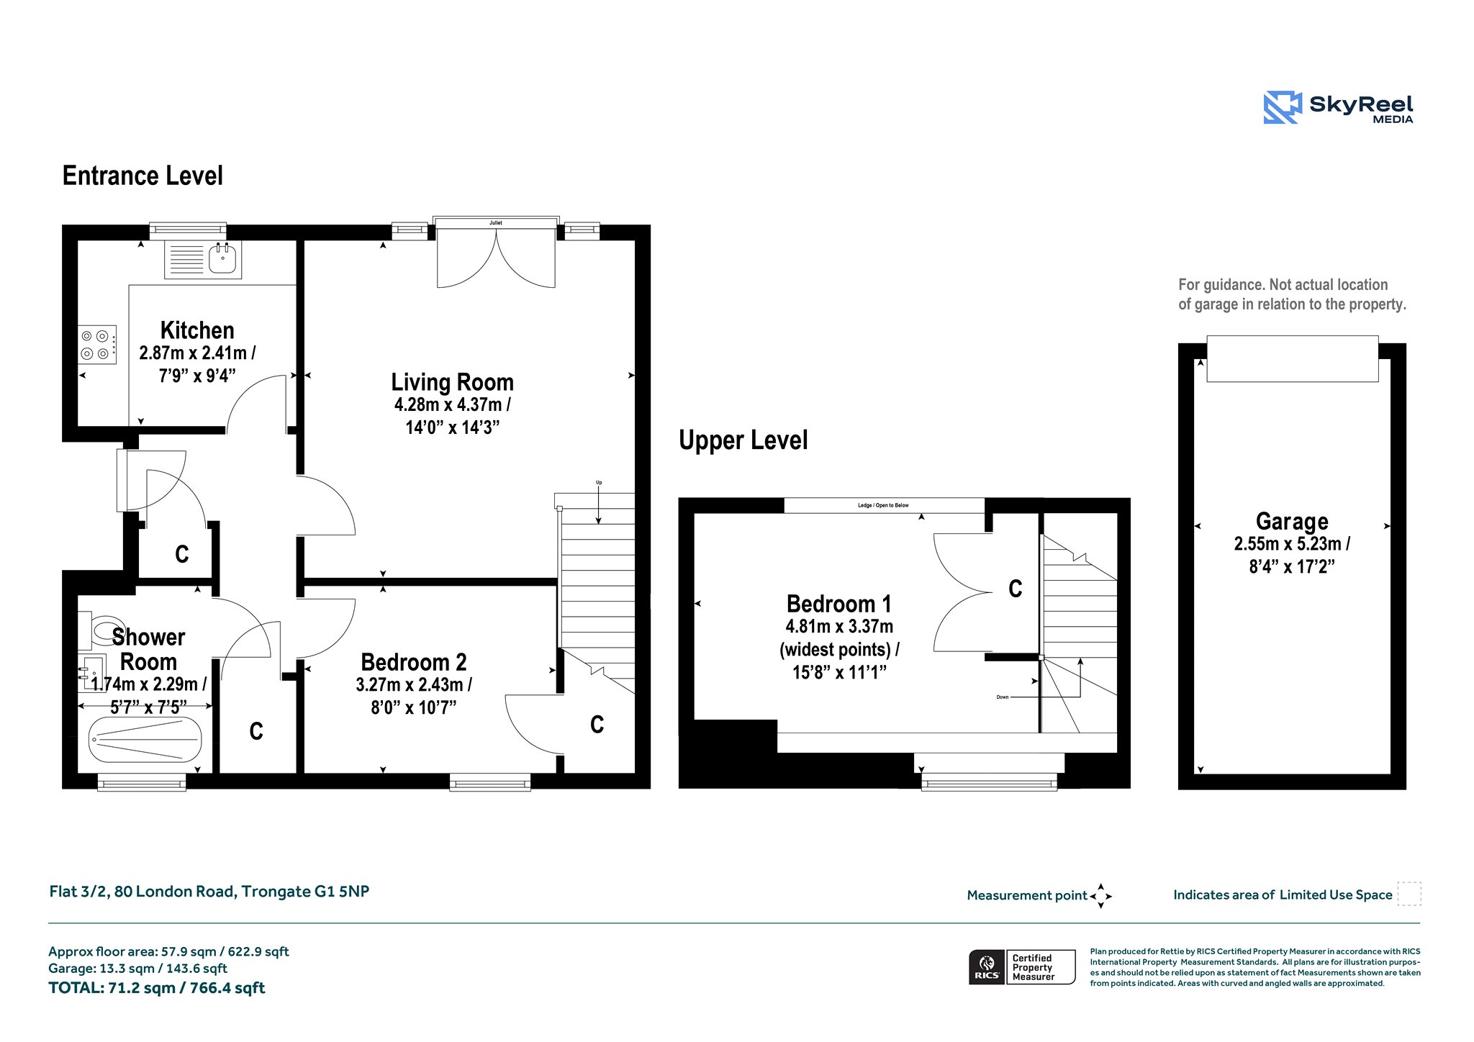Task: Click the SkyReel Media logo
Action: click(x=1339, y=107)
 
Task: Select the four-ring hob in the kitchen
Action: click(x=97, y=345)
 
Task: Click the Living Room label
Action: click(x=453, y=382)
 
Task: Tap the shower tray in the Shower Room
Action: click(x=145, y=740)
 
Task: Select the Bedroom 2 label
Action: click(x=414, y=662)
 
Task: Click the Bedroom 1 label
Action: click(x=839, y=604)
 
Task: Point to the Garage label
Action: click(x=1292, y=521)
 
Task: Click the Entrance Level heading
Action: click(x=143, y=176)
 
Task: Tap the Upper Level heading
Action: click(x=743, y=440)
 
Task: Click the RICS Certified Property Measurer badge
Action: click(x=1022, y=967)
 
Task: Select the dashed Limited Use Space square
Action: click(x=1409, y=894)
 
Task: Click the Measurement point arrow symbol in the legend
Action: click(x=1101, y=896)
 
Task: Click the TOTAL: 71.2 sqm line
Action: click(x=157, y=988)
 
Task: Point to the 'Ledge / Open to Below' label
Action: click(x=883, y=505)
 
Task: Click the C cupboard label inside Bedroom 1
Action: click(x=1016, y=589)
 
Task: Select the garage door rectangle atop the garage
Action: click(x=1293, y=358)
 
